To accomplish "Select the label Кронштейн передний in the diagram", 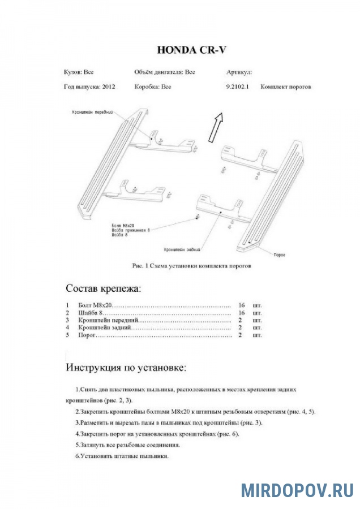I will [x=93, y=112].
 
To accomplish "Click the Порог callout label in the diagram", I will [x=278, y=255].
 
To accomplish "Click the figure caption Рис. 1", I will [x=191, y=265].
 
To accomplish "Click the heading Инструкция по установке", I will [x=126, y=368].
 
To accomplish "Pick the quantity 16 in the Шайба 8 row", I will [x=242, y=312].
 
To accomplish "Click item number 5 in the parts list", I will [x=67, y=335].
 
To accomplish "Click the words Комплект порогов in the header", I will [x=286, y=87].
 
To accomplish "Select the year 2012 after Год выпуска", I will [x=109, y=87].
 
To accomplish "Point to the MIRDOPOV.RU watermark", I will [x=297, y=490].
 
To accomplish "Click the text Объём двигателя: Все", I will [x=165, y=72].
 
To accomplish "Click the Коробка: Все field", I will [x=153, y=87].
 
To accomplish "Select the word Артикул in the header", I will [x=239, y=72].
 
